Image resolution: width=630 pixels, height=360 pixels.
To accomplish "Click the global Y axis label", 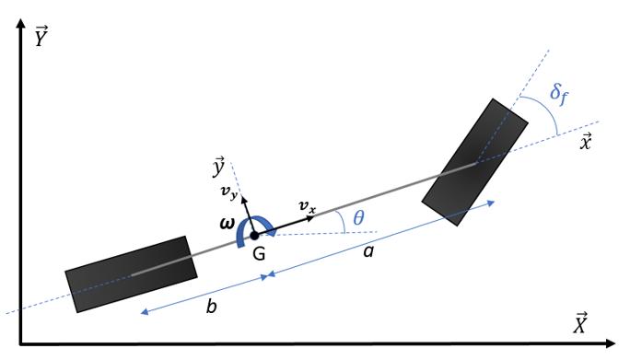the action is tap(41, 36).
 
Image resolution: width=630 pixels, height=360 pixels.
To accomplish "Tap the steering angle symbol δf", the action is tap(559, 95).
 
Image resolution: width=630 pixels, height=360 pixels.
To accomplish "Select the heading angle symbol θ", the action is tap(358, 218).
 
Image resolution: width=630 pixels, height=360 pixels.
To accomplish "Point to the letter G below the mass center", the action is tap(259, 254).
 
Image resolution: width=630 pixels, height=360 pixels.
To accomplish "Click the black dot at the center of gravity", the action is tap(254, 236).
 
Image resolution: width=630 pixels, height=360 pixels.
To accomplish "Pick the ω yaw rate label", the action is tap(227, 224).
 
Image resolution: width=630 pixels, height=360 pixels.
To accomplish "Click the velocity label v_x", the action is tap(308, 206).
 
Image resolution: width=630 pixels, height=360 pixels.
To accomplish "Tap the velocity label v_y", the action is tap(229, 192).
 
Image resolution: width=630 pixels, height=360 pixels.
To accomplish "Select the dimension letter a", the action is tap(368, 251).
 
